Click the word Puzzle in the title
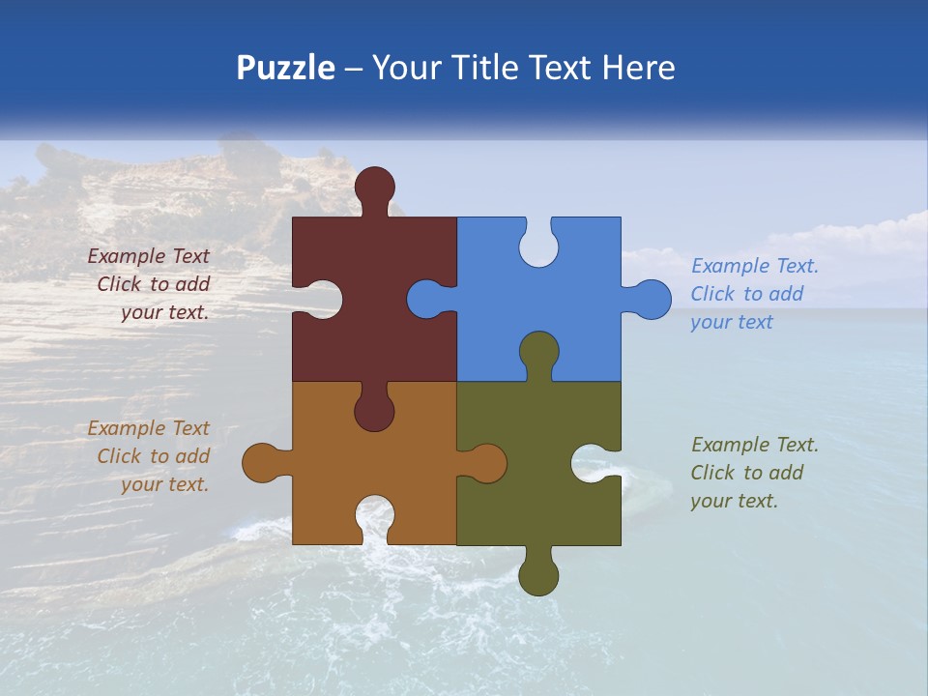(x=286, y=69)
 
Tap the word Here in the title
(x=639, y=68)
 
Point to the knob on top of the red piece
(x=375, y=186)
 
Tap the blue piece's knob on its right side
(x=651, y=299)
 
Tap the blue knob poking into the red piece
(x=426, y=299)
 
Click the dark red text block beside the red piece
(x=150, y=284)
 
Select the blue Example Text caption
(x=754, y=294)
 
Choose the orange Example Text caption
(x=150, y=456)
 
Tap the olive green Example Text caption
(x=754, y=473)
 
